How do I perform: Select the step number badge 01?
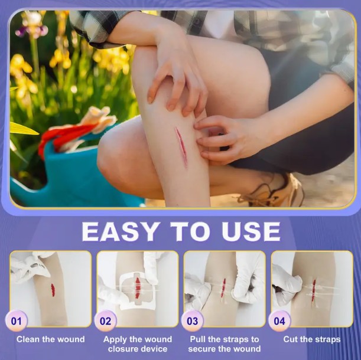tap(17, 321)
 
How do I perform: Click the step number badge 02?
tap(105, 321)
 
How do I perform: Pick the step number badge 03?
tap(193, 321)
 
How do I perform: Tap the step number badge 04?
tap(279, 321)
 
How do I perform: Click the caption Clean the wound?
tap(51, 339)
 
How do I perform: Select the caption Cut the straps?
tap(312, 339)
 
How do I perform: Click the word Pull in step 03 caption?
tap(198, 339)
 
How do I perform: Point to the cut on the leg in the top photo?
tap(181, 146)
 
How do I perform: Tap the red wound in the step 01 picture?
tap(53, 290)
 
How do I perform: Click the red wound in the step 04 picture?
tap(314, 290)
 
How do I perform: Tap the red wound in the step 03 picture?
tap(223, 287)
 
